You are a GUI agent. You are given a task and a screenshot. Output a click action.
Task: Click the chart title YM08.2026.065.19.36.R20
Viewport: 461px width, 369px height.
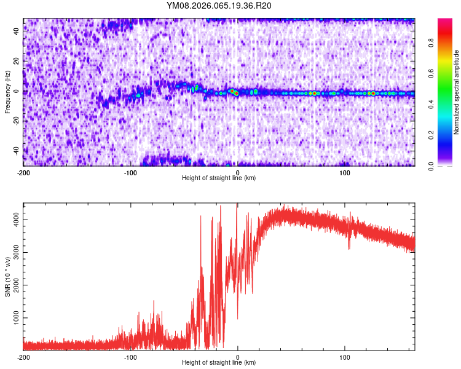(x=219, y=6)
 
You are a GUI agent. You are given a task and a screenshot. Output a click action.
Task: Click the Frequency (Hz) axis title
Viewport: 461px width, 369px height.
(x=7, y=92)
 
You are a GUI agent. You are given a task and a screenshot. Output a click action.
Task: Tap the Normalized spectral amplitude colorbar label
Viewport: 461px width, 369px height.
(x=457, y=92)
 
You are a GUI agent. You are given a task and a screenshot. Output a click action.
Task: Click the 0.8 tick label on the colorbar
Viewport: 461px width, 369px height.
(x=431, y=43)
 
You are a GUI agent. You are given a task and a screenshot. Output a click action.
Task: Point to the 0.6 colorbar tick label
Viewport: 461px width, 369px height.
(x=431, y=74)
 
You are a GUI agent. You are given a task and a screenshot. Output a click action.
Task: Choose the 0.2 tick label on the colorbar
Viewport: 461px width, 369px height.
(x=431, y=135)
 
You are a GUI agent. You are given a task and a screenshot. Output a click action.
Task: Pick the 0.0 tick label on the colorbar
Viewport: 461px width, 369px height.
(x=431, y=165)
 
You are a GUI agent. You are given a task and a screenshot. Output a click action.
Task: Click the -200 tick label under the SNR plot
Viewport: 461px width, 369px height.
(x=23, y=357)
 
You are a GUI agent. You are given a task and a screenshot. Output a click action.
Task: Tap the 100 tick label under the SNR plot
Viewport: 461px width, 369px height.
(x=345, y=357)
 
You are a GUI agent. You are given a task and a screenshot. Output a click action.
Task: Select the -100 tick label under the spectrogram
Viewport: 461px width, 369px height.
(x=130, y=173)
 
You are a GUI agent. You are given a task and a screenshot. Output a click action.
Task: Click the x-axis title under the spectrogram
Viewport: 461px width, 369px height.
(x=219, y=178)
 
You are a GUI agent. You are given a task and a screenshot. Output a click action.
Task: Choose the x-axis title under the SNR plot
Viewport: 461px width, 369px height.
(x=219, y=363)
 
